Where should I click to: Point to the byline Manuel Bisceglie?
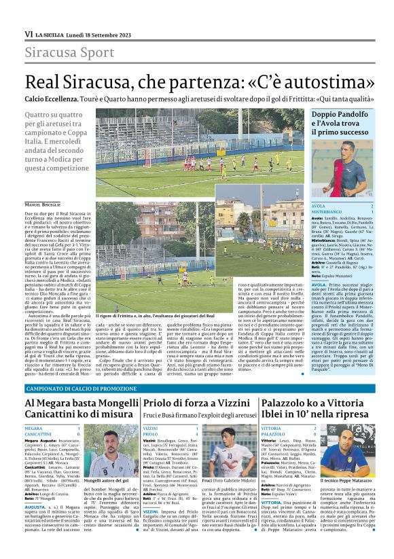[x=41, y=204]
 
